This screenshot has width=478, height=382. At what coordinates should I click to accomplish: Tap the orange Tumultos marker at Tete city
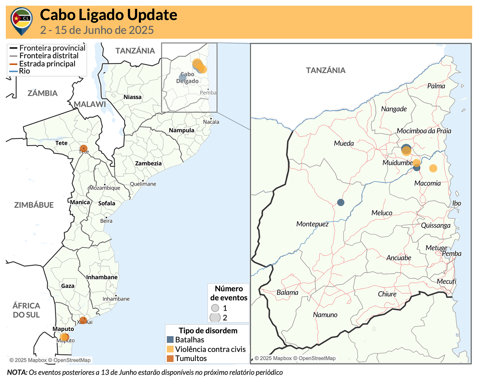[x=84, y=148]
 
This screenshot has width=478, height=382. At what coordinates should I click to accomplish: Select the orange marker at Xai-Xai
[x=83, y=320]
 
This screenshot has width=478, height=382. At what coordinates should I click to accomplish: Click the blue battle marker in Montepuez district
[x=341, y=202]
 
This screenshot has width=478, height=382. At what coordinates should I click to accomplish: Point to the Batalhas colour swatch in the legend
[x=170, y=340]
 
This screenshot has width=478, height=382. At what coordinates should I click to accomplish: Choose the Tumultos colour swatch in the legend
[x=170, y=358]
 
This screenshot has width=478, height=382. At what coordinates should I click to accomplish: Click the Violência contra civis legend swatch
[x=170, y=349]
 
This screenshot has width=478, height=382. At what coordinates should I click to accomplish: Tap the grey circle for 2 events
[x=215, y=318]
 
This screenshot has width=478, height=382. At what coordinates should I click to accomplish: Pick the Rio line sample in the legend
[x=13, y=71]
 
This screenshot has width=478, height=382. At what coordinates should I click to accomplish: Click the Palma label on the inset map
[x=436, y=86]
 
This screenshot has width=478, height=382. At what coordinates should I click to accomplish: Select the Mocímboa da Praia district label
[x=424, y=131]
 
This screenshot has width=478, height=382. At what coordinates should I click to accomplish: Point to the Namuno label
[x=325, y=315]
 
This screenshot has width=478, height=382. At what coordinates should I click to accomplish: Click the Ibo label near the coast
[x=456, y=203]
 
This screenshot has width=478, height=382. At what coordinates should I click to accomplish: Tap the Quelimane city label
[x=143, y=184]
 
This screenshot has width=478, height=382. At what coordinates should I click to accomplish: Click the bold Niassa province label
[x=132, y=97]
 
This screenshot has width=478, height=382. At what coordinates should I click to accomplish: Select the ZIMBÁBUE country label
[x=34, y=205]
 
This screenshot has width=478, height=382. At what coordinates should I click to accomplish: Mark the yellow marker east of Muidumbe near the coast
[x=433, y=168]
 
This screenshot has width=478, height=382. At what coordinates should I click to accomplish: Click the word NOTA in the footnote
[x=17, y=373]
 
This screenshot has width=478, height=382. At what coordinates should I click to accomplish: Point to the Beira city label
[x=106, y=221]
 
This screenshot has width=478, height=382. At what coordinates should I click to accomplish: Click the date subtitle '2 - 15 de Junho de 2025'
[x=97, y=30]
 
